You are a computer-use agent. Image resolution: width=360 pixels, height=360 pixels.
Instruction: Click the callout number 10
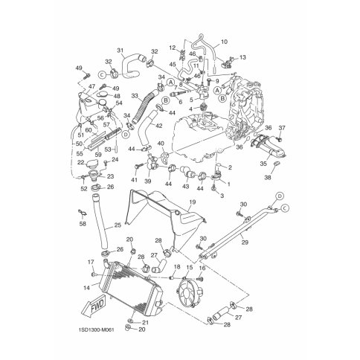(225, 42)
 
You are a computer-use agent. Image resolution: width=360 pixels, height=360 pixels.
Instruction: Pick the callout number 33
(135, 95)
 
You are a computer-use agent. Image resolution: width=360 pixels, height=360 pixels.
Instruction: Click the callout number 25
(118, 225)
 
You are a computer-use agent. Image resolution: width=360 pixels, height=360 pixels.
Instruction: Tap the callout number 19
(191, 202)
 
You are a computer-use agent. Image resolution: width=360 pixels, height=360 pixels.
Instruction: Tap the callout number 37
(281, 128)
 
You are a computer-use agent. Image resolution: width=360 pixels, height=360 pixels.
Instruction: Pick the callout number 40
(161, 143)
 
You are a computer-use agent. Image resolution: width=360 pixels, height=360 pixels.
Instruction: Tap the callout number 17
(91, 262)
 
